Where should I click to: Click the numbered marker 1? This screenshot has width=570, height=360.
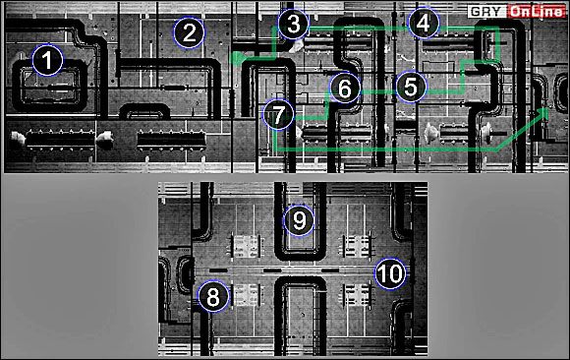(x=47, y=60)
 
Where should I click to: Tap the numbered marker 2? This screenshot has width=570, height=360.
(x=189, y=32)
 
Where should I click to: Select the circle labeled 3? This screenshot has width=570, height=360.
(x=294, y=24)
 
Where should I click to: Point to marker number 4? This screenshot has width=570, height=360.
(x=424, y=23)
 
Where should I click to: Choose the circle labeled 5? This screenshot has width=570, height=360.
(x=411, y=87)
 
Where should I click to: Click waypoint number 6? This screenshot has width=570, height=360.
(x=345, y=89)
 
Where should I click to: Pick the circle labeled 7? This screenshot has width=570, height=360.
(x=278, y=115)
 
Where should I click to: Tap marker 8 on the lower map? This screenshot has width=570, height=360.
(x=213, y=296)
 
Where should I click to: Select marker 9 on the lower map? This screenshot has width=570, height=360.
(x=299, y=220)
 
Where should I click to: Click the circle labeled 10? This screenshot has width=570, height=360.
(x=390, y=273)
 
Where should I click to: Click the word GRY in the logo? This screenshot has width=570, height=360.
(x=486, y=12)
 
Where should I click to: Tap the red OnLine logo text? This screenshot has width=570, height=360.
(x=537, y=12)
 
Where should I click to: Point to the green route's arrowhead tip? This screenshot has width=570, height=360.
(x=547, y=108)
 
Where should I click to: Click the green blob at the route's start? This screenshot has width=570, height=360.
(x=238, y=58)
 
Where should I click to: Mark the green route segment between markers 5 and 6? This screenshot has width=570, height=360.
(x=378, y=91)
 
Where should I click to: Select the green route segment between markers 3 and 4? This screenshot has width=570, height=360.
(x=359, y=28)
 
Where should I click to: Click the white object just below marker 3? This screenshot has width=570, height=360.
(x=297, y=46)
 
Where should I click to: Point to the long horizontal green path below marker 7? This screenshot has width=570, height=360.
(x=386, y=150)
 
